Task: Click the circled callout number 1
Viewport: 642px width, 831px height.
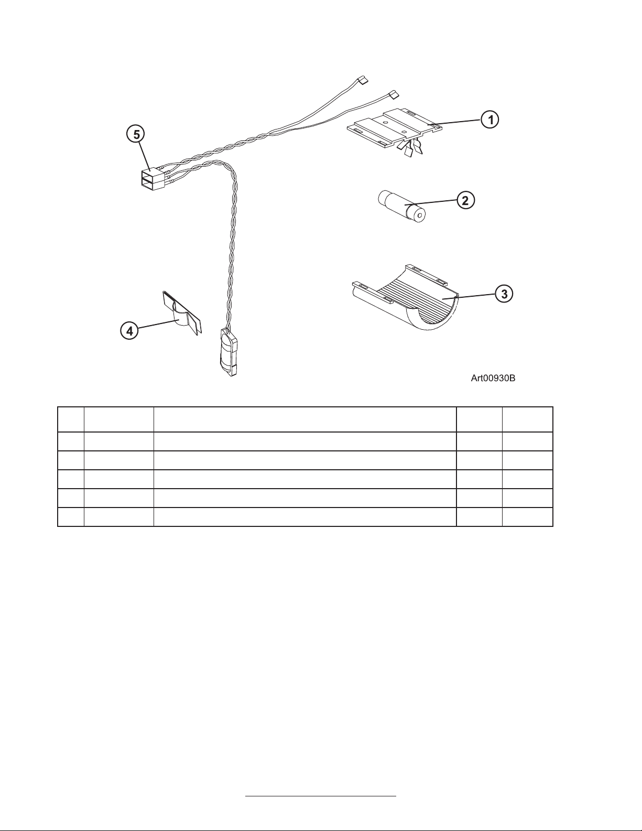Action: [490, 120]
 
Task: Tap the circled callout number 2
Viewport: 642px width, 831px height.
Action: [465, 200]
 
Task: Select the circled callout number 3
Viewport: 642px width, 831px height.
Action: [504, 294]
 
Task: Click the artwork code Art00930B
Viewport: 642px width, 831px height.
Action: [493, 378]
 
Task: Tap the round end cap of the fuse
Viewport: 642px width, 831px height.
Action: [419, 215]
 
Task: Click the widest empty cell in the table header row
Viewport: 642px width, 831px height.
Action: [304, 419]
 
